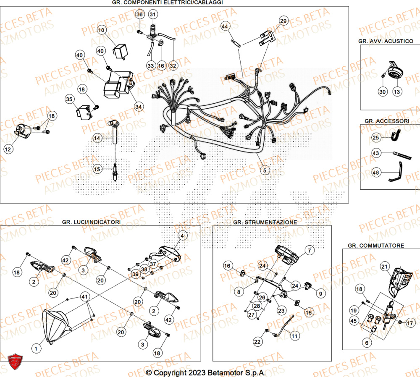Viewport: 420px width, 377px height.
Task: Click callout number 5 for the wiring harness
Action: point(264,170)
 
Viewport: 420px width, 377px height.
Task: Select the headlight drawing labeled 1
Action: point(57,327)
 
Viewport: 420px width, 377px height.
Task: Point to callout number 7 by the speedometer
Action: point(310,251)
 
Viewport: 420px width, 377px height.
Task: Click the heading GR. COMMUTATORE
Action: point(376,245)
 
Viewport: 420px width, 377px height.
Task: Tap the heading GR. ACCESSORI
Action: point(386,120)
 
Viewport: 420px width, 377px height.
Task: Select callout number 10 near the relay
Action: point(102,30)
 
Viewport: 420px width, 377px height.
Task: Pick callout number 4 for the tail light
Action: point(182,236)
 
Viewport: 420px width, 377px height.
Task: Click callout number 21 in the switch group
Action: point(385,266)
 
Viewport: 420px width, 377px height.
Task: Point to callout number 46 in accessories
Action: point(376,172)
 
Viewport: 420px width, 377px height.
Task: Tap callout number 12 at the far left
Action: point(9,149)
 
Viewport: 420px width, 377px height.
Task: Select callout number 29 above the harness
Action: point(284,21)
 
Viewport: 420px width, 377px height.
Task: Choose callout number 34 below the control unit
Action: point(139,107)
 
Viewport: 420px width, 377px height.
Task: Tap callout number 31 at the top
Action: point(152,15)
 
